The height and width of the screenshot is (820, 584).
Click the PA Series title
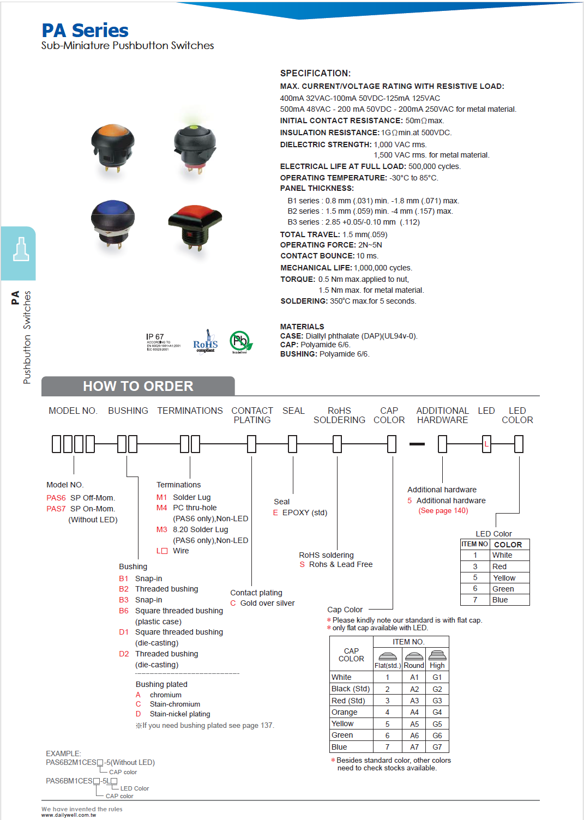[x=85, y=31]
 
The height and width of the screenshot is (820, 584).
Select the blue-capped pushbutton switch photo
[x=112, y=224]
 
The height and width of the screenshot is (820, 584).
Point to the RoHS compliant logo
[x=206, y=342]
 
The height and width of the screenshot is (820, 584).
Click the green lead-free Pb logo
[x=240, y=342]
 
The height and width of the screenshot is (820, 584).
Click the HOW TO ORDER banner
[x=138, y=386]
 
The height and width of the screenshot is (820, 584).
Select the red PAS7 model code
[x=56, y=509]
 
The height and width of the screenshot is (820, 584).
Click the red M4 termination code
[x=161, y=508]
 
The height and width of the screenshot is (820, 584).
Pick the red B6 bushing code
[x=124, y=611]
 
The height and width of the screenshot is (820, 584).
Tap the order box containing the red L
[x=486, y=444]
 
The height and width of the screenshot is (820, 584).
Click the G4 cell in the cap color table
[x=437, y=712]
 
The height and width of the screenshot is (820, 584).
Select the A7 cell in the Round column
[x=414, y=747]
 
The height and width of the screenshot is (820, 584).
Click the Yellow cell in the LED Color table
[x=504, y=578]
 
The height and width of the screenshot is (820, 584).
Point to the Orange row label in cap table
[x=345, y=712]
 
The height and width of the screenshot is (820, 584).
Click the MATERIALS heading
[x=302, y=327]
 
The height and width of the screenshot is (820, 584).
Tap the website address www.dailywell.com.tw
[x=69, y=815]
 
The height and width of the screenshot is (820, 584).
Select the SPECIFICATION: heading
[x=315, y=73]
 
